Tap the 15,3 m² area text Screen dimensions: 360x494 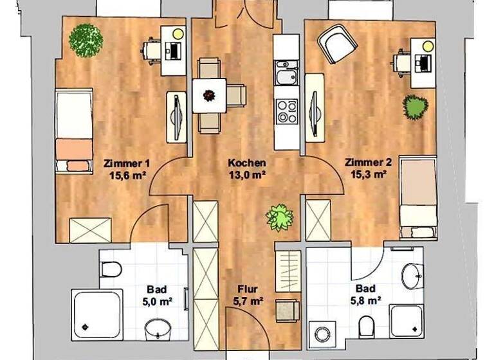pos(365,174)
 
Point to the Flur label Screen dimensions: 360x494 pos(248,289)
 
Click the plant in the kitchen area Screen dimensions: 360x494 pos(279,217)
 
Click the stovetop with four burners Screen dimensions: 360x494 pos(287,111)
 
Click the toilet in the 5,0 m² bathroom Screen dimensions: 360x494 pos(109,269)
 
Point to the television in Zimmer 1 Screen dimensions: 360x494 pos(176,116)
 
